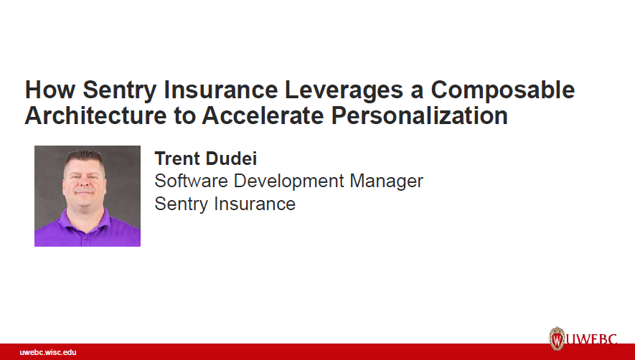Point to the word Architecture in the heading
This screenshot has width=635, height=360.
[88, 116]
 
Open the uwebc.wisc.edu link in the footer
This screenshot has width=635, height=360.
[48, 352]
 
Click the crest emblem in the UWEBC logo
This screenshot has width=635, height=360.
[557, 338]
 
